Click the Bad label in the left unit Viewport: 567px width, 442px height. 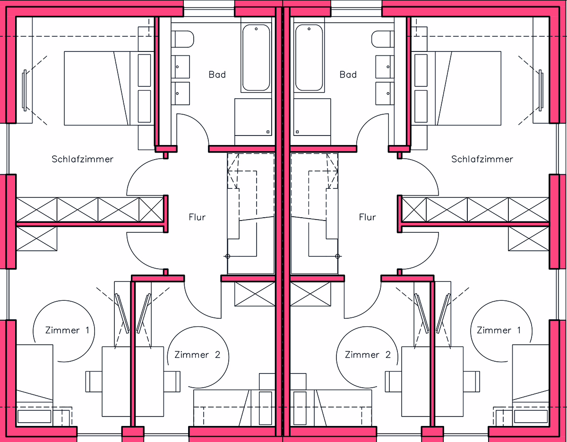217,75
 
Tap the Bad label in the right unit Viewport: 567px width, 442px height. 348,75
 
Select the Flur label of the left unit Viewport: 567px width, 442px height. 197,217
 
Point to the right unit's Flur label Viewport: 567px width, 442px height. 367,217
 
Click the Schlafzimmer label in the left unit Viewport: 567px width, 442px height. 82,159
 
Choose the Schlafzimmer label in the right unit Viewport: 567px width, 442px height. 482,159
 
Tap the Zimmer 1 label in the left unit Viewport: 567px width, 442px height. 67,330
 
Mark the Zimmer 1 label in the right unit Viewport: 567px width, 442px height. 498,330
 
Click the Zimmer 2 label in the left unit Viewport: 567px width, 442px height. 197,355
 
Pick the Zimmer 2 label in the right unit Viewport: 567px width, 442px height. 368,355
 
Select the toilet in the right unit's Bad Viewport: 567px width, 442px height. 381,39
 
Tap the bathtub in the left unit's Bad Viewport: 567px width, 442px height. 256,58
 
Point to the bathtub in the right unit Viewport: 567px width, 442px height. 309,58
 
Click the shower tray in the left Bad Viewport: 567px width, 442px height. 253,117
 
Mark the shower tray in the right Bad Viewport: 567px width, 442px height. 311,117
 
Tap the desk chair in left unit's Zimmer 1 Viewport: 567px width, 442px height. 94,382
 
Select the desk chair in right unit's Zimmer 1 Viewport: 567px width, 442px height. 472,382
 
